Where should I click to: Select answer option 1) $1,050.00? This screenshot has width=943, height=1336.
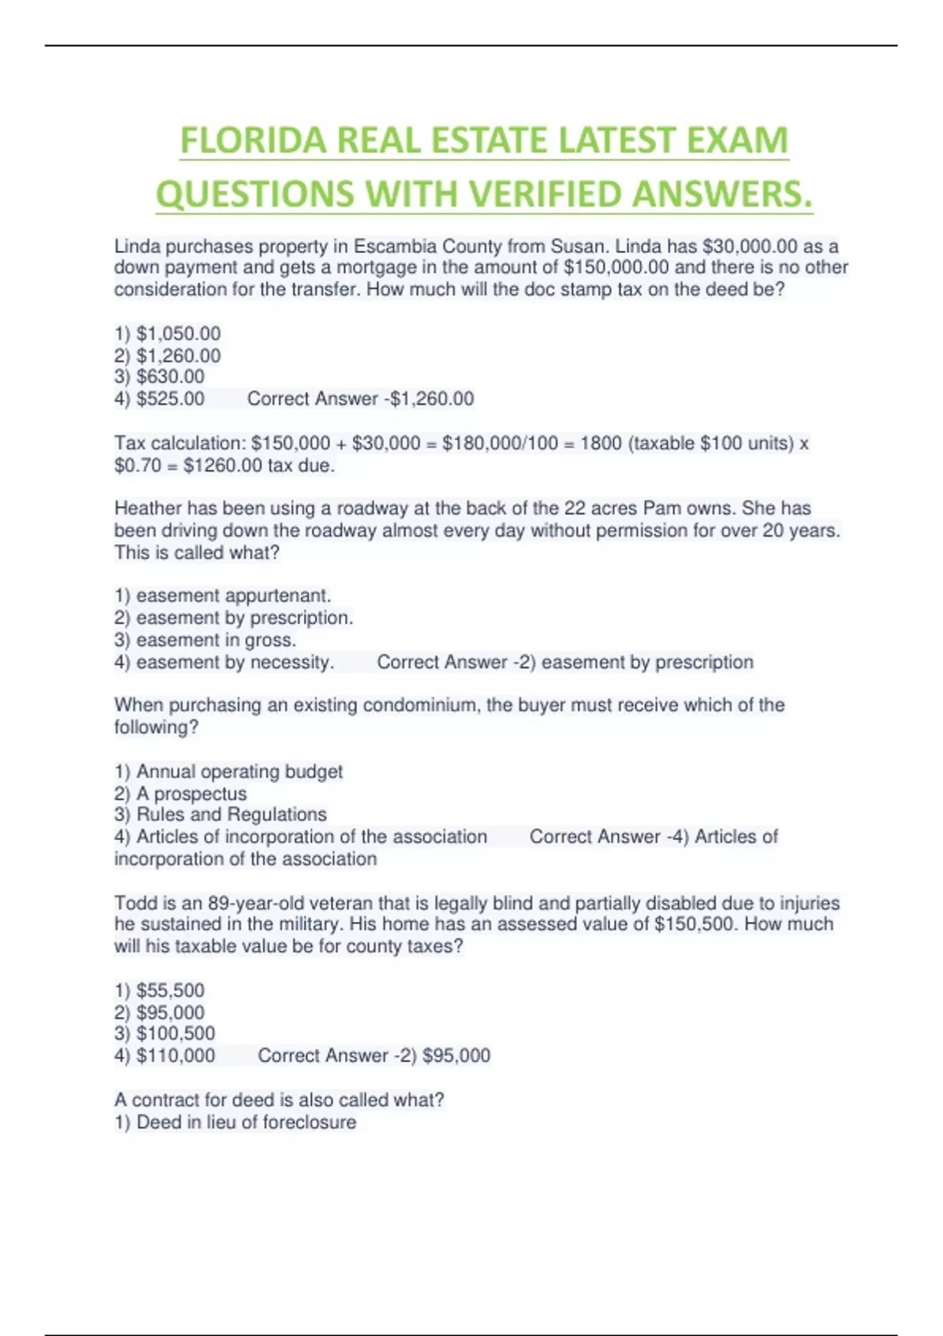point(167,334)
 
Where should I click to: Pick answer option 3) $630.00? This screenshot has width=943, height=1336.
point(160,377)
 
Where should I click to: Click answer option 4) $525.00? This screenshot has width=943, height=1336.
point(160,399)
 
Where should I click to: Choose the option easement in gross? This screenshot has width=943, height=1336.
point(206,640)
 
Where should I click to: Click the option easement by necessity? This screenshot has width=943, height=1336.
point(225,662)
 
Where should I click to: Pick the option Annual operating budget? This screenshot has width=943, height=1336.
point(229,772)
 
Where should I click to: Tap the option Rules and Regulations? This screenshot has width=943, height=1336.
point(221,815)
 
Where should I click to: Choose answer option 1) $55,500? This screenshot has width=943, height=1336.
point(160,990)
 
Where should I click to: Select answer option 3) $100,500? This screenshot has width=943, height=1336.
point(164,1033)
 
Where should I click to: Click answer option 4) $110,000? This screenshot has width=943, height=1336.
point(164,1055)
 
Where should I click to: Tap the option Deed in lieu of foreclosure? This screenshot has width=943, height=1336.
point(236,1122)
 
